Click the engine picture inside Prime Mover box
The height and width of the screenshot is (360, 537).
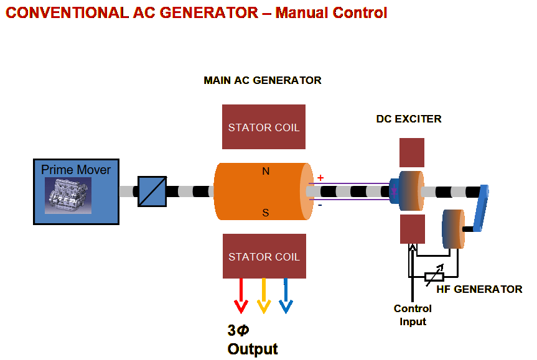pos(68,195)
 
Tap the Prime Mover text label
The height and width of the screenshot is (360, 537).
pos(76,170)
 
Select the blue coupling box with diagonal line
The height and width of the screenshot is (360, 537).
pos(151,191)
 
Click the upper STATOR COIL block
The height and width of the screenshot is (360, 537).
pos(264,127)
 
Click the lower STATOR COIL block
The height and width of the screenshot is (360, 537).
pos(264,256)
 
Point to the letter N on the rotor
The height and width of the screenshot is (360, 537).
pos(266,172)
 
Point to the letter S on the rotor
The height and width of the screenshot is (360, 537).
pos(266,213)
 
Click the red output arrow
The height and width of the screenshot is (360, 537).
pos(240,297)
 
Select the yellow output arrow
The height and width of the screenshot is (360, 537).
pos(264,297)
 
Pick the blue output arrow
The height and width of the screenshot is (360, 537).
pos(286,297)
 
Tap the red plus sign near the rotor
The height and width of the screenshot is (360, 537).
pos(320,178)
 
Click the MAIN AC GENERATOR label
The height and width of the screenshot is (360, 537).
pos(263,81)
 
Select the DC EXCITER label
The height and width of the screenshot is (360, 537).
pos(409,119)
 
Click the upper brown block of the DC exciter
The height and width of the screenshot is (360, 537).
pos(412,152)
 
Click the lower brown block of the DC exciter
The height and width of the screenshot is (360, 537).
pos(412,229)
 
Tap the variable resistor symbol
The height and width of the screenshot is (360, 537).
pos(434,276)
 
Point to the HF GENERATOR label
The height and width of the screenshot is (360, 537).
pos(479,289)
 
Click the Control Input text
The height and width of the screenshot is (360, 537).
pos(413,315)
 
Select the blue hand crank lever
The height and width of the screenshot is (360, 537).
pos(481,208)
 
